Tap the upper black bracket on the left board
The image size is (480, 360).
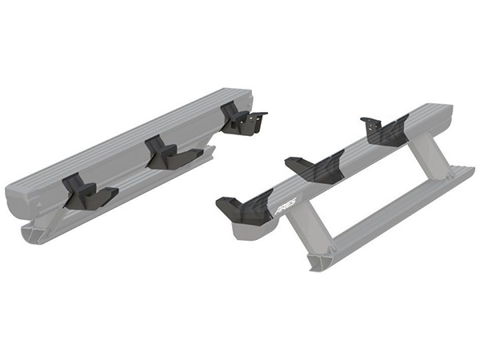click(x=242, y=118)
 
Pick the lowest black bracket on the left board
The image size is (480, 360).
click(x=90, y=191)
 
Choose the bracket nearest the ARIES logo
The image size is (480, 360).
click(x=244, y=209)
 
